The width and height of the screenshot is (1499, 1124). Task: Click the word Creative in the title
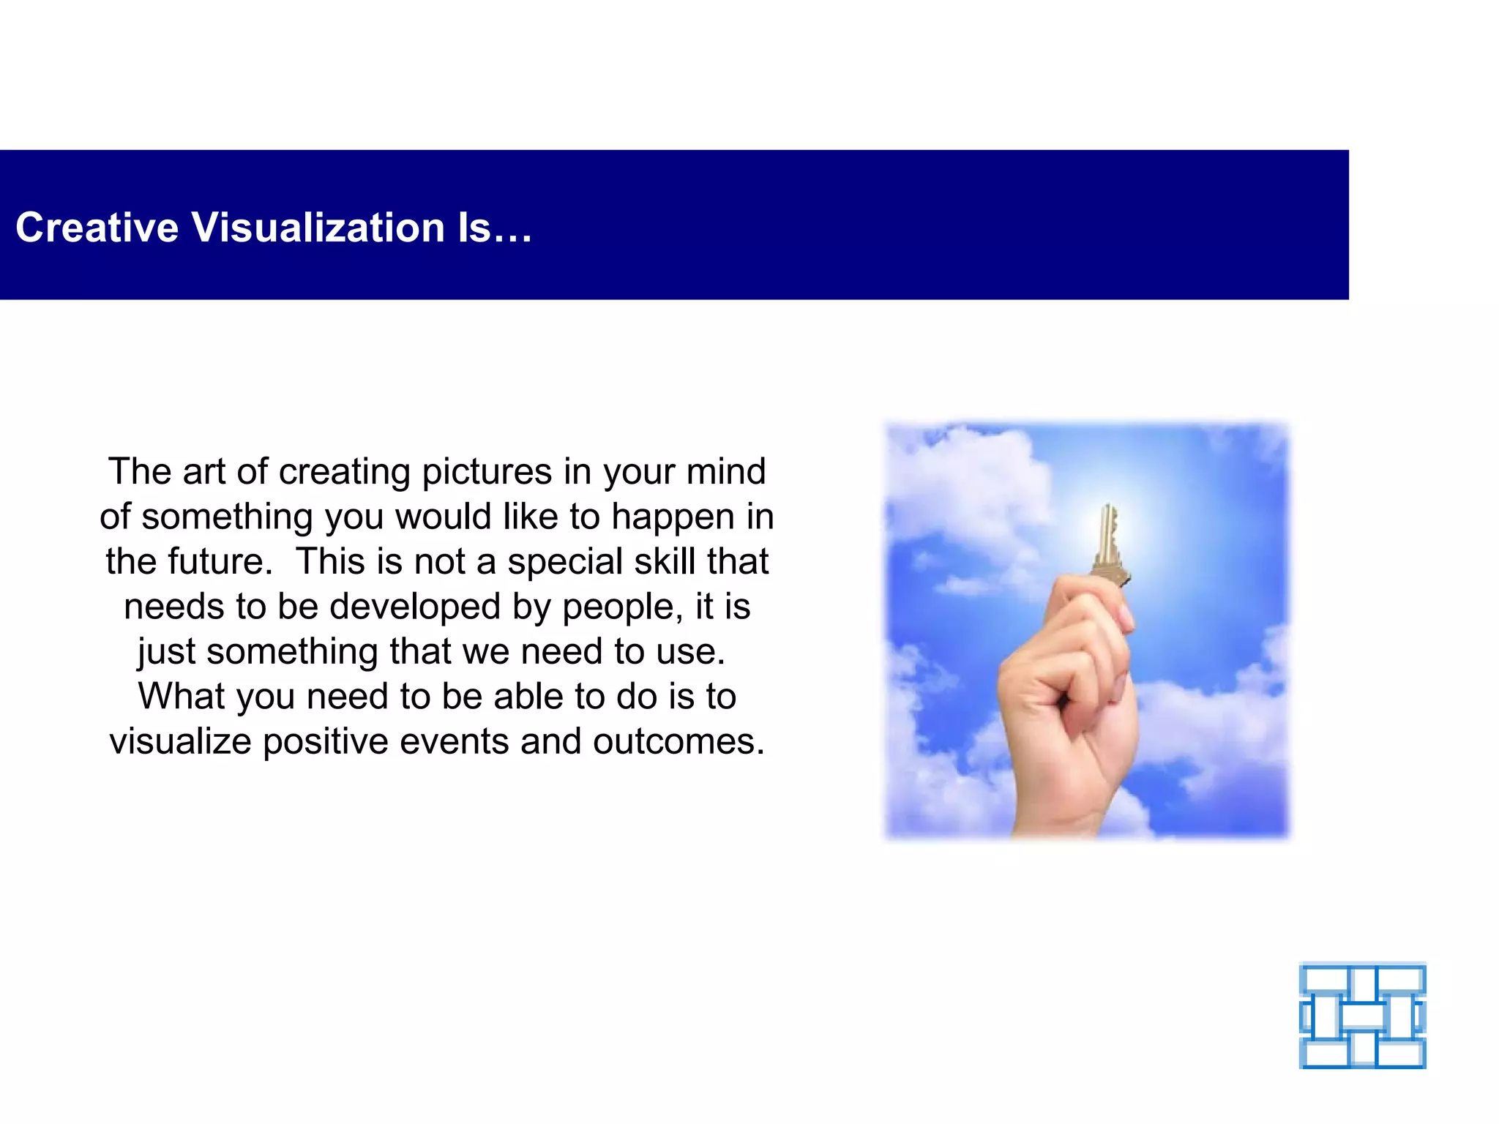coord(97,228)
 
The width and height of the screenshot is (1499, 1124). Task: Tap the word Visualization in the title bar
coord(318,228)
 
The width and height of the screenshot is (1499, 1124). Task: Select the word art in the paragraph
coord(204,472)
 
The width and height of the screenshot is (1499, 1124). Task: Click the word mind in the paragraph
coord(725,472)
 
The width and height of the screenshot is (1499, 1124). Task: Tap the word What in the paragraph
coord(182,697)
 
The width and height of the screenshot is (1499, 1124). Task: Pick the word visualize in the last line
coord(181,742)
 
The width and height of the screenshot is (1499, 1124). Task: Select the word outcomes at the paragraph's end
coord(678,742)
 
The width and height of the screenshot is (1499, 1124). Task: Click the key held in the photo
coord(1110,545)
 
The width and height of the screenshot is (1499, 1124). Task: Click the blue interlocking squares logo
coord(1362,1016)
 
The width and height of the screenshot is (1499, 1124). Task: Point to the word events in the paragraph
coord(454,742)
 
